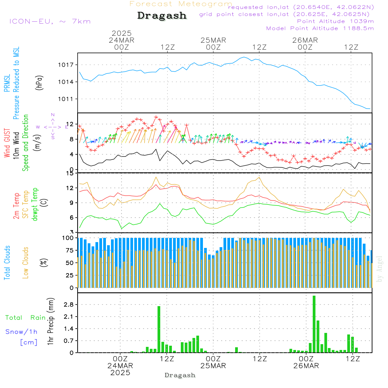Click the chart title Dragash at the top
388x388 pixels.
point(162,16)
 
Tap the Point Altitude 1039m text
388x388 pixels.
point(335,21)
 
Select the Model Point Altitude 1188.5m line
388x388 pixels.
point(320,28)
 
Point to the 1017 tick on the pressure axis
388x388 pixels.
point(67,65)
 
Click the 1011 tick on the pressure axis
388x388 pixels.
point(67,99)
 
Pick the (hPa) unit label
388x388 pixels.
point(39,82)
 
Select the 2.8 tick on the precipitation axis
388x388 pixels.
point(68,305)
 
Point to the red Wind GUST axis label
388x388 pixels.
point(7,143)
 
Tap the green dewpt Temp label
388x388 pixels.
point(35,204)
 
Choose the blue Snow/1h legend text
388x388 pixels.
point(21,332)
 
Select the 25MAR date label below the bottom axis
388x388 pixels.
point(213,366)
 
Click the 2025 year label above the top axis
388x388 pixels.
point(122,33)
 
